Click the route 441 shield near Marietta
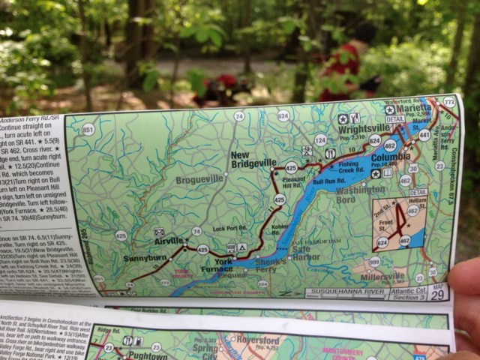pyautogui.click(x=424, y=135)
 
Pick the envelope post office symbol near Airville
pyautogui.click(x=159, y=232)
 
